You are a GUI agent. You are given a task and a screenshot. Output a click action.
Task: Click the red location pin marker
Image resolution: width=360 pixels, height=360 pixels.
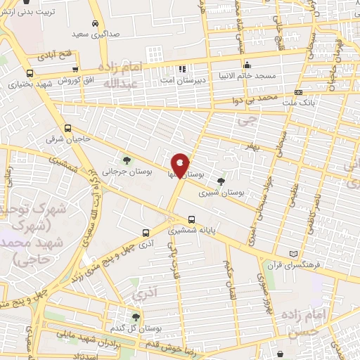tap(180, 167)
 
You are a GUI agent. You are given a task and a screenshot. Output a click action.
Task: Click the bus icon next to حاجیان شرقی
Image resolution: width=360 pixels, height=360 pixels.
tap(67, 129)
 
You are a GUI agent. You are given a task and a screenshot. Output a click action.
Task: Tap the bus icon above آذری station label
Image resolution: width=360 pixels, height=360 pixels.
tap(146, 233)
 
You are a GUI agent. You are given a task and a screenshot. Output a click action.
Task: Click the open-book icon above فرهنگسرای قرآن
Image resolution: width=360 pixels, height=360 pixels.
tap(293, 254)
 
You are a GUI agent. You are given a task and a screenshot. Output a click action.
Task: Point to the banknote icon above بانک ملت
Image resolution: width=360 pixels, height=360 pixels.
tap(300, 92)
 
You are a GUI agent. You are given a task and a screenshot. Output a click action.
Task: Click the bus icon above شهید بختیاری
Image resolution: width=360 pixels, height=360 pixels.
tap(30, 73)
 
